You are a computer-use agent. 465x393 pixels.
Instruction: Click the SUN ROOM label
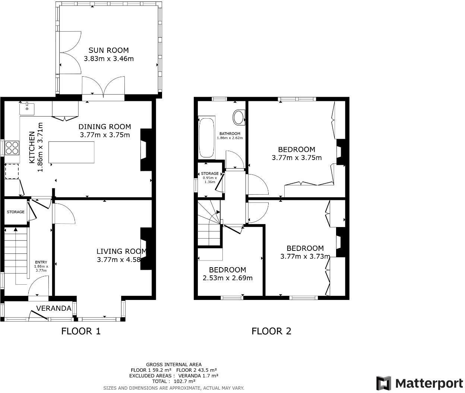pyautogui.click(x=108, y=50)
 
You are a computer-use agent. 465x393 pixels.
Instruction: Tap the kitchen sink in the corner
pyautogui.click(x=27, y=109)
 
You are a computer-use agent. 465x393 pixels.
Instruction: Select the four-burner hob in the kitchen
pyautogui.click(x=12, y=148)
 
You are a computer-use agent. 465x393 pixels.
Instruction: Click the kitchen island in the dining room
pyautogui.click(x=72, y=152)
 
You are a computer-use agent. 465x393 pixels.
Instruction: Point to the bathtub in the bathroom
pyautogui.click(x=207, y=138)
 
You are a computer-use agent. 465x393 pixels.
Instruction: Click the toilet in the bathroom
pyautogui.click(x=238, y=117)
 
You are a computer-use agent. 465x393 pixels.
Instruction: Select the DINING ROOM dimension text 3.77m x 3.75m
pyautogui.click(x=105, y=135)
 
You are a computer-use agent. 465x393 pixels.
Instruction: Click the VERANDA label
pyautogui.click(x=54, y=308)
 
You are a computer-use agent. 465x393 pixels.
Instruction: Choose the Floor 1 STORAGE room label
pyautogui.click(x=15, y=212)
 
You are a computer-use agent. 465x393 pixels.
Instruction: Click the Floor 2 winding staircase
pyautogui.click(x=209, y=223)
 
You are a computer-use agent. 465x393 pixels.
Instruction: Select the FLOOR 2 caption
pyautogui.click(x=271, y=331)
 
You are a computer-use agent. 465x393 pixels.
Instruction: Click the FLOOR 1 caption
pyautogui.click(x=81, y=331)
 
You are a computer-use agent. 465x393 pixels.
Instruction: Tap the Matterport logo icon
pyautogui.click(x=383, y=383)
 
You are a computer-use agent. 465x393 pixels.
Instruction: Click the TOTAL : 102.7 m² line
pyautogui.click(x=174, y=381)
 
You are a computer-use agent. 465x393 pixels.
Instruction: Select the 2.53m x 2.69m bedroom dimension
pyautogui.click(x=227, y=278)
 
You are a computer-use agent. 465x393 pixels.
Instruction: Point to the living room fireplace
pyautogui.click(x=146, y=249)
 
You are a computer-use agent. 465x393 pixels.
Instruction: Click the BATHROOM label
pyautogui.click(x=230, y=134)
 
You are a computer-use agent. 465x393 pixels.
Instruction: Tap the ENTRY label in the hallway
pyautogui.click(x=41, y=262)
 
